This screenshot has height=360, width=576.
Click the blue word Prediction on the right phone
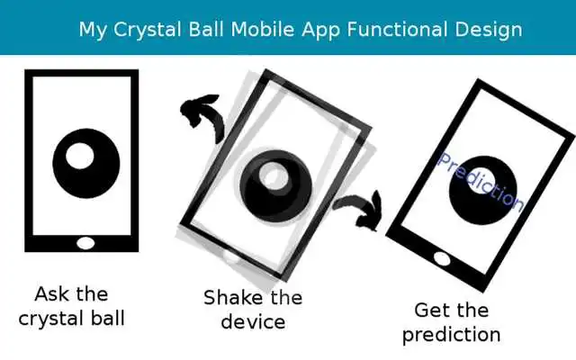[x=480, y=181]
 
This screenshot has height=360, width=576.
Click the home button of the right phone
[x=442, y=259]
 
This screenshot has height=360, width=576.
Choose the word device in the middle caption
[x=253, y=321]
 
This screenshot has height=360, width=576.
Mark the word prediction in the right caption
[x=451, y=335]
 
